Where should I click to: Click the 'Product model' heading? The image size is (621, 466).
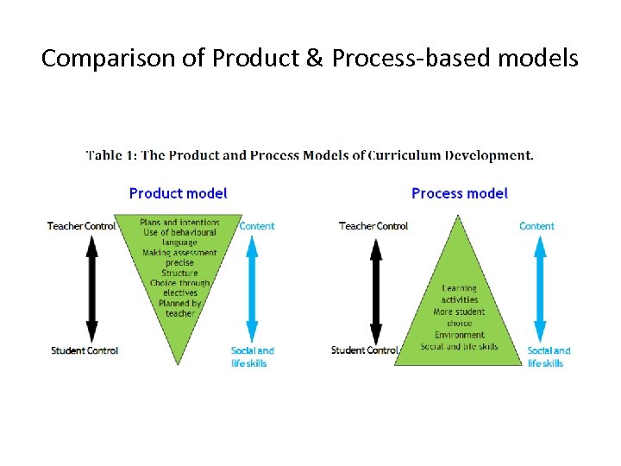[x=178, y=193]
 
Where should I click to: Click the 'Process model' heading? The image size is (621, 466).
[x=460, y=193]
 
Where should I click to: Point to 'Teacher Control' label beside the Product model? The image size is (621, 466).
[x=81, y=226]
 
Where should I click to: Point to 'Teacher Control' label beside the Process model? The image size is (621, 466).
[x=373, y=226]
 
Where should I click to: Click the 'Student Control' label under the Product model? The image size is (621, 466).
[x=85, y=350]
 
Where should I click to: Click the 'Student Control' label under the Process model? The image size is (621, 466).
[x=365, y=350]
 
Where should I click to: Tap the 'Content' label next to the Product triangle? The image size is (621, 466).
[x=257, y=226]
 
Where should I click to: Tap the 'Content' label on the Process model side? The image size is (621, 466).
[x=536, y=226]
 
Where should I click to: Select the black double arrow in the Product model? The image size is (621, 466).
[x=92, y=287]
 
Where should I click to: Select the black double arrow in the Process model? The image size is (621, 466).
[x=375, y=287]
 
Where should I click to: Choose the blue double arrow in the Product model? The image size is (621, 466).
[x=252, y=287]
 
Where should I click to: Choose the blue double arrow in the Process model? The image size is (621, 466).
[x=540, y=287]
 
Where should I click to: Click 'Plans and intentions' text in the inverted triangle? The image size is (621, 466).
[x=179, y=223]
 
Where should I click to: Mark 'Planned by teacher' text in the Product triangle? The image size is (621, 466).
[x=179, y=308]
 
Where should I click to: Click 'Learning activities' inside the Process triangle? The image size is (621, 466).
[x=459, y=293]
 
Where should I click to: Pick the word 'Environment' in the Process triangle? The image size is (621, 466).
[x=459, y=335]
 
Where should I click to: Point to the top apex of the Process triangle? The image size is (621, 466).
[x=459, y=216]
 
